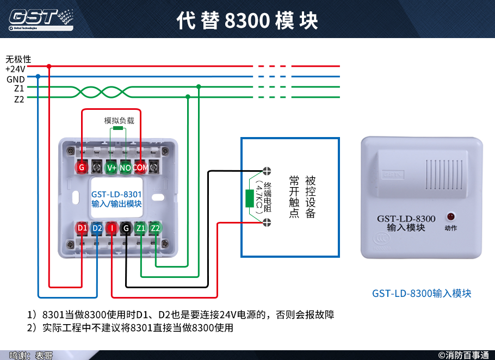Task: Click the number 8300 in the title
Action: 247,21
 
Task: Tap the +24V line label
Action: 15,69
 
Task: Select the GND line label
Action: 15,79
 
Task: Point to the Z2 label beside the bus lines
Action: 18,99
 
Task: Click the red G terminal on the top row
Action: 82,167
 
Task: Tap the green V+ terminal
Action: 112,167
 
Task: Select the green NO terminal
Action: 126,167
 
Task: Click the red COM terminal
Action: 140,167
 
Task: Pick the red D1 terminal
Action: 82,228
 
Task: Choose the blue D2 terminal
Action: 97,228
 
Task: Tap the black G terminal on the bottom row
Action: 126,228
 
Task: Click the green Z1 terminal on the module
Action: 141,228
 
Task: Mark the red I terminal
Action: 112,228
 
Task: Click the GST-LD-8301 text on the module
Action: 116,194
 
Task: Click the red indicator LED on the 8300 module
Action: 450,216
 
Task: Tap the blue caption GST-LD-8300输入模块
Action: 422,293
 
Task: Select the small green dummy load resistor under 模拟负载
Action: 118,130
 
